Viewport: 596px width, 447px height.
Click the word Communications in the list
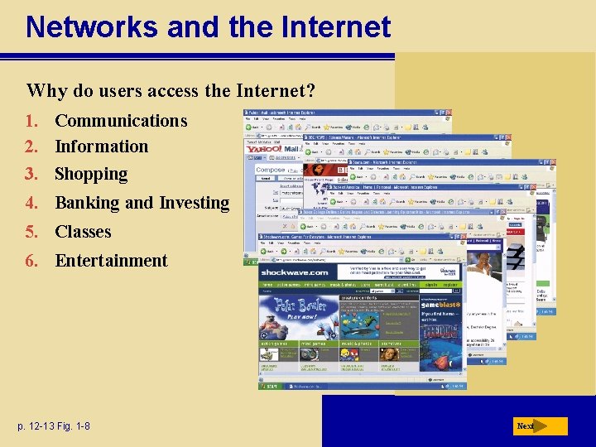121,121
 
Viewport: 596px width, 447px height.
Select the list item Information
101,147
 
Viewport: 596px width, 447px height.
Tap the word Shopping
91,175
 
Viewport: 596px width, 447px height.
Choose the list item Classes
83,232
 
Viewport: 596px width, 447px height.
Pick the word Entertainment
111,261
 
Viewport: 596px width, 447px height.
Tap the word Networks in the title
92,27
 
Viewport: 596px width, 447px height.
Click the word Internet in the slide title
335,27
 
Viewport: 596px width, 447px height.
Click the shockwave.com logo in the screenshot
294,272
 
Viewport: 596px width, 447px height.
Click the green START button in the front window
271,386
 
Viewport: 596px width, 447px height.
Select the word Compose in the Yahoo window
270,170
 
